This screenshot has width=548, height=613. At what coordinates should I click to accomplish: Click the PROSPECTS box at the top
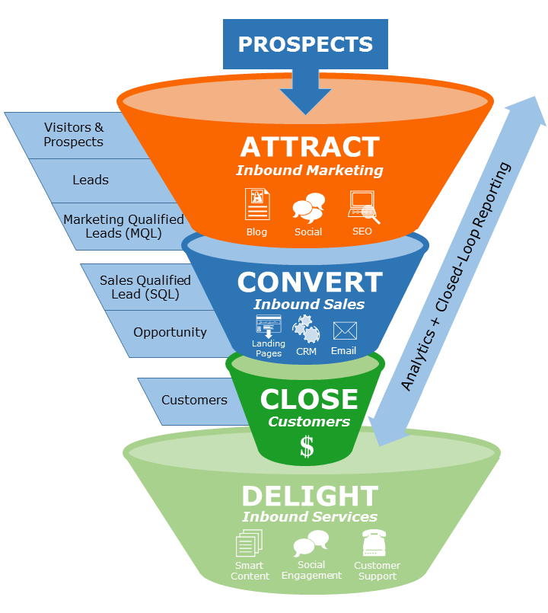pos(305,44)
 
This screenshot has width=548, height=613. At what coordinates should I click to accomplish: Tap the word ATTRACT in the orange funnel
pos(309,147)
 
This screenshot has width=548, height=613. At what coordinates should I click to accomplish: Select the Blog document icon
pos(257,204)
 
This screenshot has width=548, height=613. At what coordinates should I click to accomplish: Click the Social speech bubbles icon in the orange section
pos(309,207)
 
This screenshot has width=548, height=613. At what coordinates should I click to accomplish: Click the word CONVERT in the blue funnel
pos(309,283)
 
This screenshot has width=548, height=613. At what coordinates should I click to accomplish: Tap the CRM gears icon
pos(307,329)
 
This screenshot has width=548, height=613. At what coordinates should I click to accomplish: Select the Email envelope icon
pos(344,331)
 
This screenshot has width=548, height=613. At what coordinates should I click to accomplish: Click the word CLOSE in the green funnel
pos(309,400)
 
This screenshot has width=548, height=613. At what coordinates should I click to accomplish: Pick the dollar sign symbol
pos(307,446)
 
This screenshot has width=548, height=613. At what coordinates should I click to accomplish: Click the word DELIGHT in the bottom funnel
pos(309,496)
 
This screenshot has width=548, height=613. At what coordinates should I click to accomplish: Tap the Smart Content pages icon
pos(249,544)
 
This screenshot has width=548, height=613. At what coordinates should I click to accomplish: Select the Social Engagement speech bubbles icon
pos(311,544)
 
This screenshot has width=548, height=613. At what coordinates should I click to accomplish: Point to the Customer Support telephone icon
pos(374,544)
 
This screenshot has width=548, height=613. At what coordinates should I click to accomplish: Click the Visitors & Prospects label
pos(74,135)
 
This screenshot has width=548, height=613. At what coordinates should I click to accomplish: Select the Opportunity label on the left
pos(170,333)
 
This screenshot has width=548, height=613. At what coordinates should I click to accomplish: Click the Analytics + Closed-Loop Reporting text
pos(456,278)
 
